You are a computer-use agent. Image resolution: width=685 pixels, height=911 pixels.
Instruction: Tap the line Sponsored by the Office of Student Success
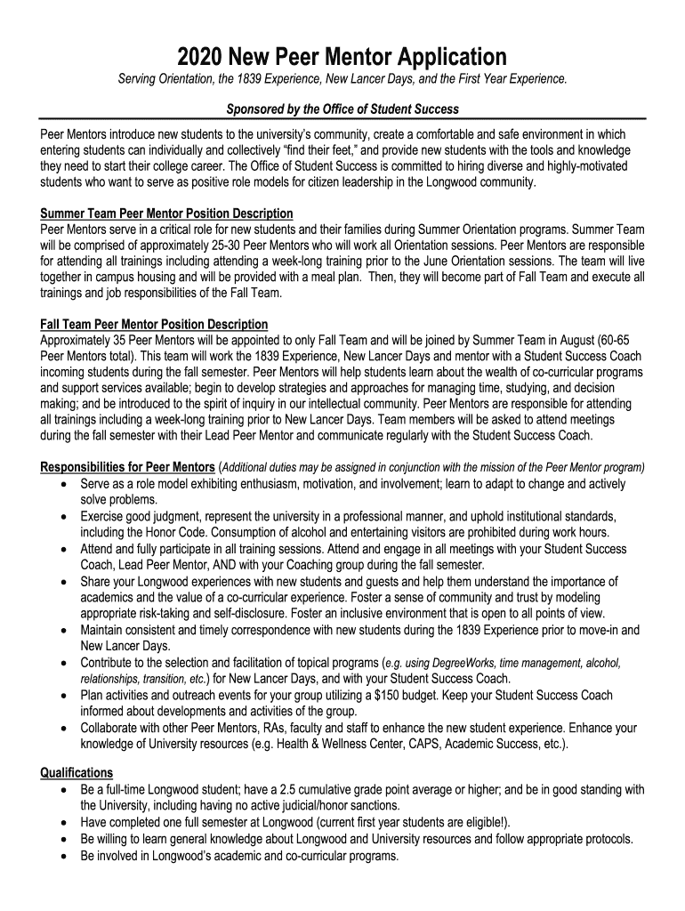342,109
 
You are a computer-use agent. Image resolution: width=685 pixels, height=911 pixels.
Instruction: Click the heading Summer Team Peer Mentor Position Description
167,214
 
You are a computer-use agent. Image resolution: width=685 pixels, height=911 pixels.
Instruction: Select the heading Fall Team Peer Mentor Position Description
154,323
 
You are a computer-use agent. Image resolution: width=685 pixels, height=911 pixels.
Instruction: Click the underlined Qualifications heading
77,772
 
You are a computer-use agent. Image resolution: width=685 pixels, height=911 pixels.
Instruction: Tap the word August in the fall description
570,339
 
